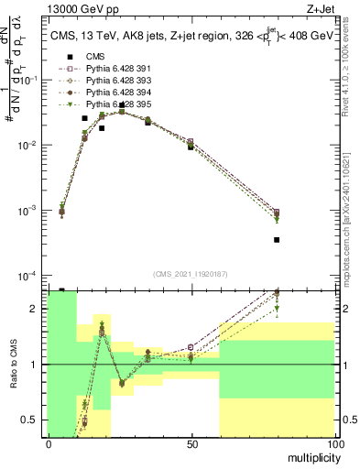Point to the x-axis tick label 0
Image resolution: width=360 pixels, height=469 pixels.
[x=49, y=444]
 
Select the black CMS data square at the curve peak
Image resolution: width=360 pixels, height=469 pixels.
[x=122, y=105]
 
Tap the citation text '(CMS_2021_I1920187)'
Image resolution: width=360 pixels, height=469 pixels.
[x=191, y=273]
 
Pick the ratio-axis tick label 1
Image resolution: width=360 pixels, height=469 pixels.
[x=33, y=365]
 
